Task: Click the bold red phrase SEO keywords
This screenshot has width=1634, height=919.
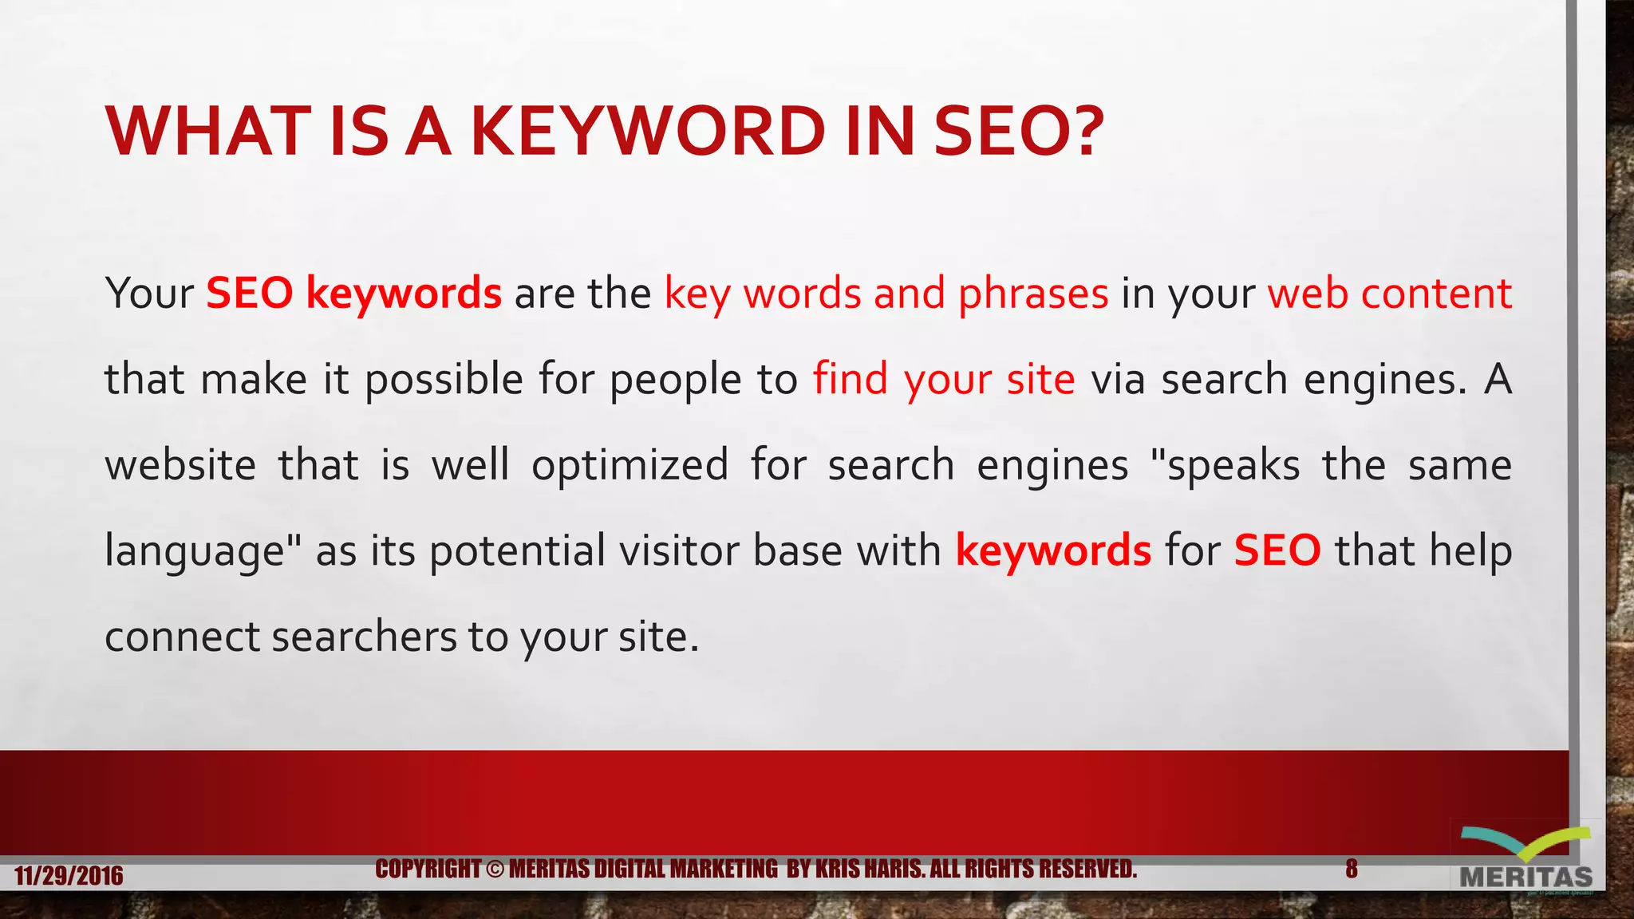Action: (353, 294)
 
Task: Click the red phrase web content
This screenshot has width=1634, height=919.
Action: (1389, 294)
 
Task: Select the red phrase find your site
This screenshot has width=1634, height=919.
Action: (944, 380)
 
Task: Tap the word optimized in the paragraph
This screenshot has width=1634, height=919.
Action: (630, 466)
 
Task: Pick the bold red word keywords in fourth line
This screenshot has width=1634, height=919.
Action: (1053, 551)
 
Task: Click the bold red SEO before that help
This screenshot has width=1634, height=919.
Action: (1277, 551)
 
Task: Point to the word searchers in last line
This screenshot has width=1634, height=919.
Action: (365, 637)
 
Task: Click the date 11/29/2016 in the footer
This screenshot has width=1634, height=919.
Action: (69, 876)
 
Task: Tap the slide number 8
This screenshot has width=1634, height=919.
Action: (1351, 869)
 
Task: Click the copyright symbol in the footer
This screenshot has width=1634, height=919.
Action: (495, 869)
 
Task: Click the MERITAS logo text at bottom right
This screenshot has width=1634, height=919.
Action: (1525, 878)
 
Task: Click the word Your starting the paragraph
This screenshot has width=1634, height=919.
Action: (149, 294)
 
